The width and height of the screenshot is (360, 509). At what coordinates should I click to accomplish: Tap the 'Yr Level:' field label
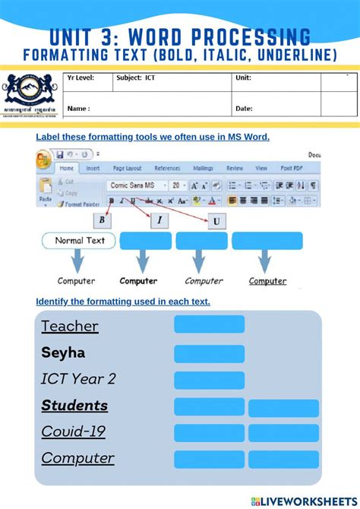coord(81,77)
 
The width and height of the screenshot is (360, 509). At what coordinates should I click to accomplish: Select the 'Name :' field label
coord(78,109)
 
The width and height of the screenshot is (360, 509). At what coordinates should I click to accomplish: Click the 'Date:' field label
coord(244,109)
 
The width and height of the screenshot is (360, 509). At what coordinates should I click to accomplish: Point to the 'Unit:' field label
coord(243,77)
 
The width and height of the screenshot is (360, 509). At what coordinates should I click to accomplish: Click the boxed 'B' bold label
coord(103,220)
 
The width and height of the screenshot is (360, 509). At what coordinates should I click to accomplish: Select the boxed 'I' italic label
coord(159,220)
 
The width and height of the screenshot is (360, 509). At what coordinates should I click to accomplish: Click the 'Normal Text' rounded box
coord(78,241)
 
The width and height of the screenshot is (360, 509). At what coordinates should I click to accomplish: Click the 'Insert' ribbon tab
coord(93,169)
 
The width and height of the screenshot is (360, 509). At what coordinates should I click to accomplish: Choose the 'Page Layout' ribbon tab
coord(128,169)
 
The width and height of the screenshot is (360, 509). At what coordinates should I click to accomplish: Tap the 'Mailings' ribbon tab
coord(203,169)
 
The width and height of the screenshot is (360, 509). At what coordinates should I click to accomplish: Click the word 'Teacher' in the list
coord(70,326)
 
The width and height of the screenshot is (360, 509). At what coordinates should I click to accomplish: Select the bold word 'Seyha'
coord(63,353)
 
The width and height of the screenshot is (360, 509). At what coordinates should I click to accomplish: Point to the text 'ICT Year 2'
coord(78,379)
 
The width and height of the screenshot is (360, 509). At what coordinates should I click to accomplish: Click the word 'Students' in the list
coord(74,406)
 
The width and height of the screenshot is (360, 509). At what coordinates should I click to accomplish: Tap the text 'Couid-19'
coord(73,432)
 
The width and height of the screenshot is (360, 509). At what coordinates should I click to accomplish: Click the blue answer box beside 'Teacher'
coord(209,324)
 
